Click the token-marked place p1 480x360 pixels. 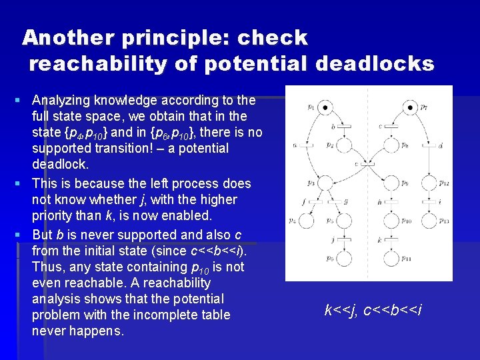(325, 107)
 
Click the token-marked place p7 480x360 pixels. (410, 107)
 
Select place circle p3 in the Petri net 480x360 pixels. (325, 183)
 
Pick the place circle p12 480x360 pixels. (429, 183)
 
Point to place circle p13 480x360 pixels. (429, 221)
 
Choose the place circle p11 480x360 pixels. (391, 259)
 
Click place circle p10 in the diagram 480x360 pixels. (391, 221)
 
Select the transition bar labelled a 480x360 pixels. (307, 145)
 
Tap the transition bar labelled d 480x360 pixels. (429, 145)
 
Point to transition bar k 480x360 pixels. (391, 240)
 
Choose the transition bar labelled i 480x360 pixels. (429, 202)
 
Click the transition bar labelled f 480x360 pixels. (316, 202)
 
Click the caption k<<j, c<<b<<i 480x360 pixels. (373, 310)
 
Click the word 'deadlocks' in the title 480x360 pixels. (375, 64)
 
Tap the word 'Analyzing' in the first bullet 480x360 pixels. (63, 101)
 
